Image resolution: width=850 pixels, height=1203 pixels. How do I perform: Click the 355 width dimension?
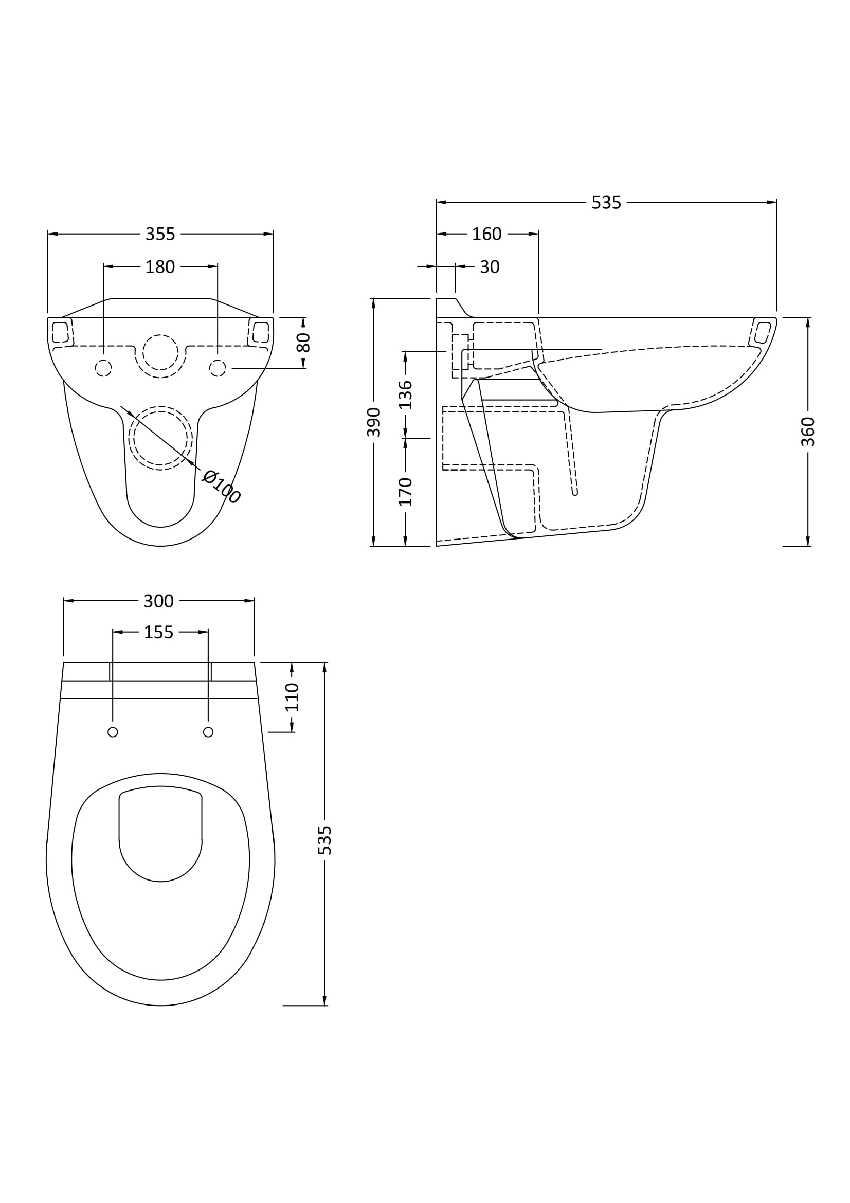(x=160, y=234)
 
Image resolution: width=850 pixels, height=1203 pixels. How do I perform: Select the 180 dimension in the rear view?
(x=160, y=267)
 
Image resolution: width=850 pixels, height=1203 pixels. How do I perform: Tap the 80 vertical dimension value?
(x=304, y=343)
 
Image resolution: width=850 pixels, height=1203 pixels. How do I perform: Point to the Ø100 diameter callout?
(x=221, y=487)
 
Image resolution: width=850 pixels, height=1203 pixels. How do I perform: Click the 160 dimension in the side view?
(x=486, y=234)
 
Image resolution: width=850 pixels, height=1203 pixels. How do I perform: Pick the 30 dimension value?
(x=490, y=267)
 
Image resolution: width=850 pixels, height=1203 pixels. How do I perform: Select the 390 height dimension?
(x=373, y=422)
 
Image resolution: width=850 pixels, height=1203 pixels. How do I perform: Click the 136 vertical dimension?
(x=405, y=395)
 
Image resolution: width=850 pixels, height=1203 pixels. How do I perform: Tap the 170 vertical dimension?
(x=405, y=492)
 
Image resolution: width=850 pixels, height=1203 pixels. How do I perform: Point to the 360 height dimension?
(x=808, y=432)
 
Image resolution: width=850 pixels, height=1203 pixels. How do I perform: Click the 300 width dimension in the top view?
(x=159, y=602)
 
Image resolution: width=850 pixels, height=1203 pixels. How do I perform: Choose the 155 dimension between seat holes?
(x=159, y=633)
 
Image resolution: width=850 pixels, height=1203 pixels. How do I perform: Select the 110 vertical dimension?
(x=292, y=697)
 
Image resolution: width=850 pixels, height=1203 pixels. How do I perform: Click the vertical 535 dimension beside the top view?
(x=324, y=840)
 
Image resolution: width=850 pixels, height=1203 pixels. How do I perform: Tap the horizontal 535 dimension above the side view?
(x=606, y=203)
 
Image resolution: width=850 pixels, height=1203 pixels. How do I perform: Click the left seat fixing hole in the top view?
(x=113, y=732)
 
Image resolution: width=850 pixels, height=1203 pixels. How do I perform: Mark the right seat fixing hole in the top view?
(x=208, y=732)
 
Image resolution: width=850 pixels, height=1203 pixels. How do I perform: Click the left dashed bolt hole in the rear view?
(x=103, y=368)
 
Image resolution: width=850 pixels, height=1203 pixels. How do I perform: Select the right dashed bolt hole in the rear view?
(x=218, y=368)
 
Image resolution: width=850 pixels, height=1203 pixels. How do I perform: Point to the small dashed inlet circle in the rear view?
(x=160, y=352)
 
